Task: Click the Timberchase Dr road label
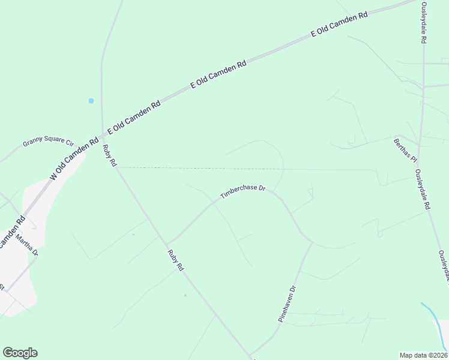[x=243, y=192]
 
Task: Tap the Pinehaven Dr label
[x=288, y=304]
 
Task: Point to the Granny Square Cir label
[x=47, y=142]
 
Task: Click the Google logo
[x=20, y=353]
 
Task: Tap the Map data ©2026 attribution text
[x=423, y=355]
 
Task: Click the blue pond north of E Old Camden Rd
[x=91, y=101]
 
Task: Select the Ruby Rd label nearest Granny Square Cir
[x=109, y=156]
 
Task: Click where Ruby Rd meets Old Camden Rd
[x=102, y=137]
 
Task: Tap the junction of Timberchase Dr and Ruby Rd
[x=167, y=243]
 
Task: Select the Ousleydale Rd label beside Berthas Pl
[x=423, y=188]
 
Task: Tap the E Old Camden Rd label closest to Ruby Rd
[x=134, y=118]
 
